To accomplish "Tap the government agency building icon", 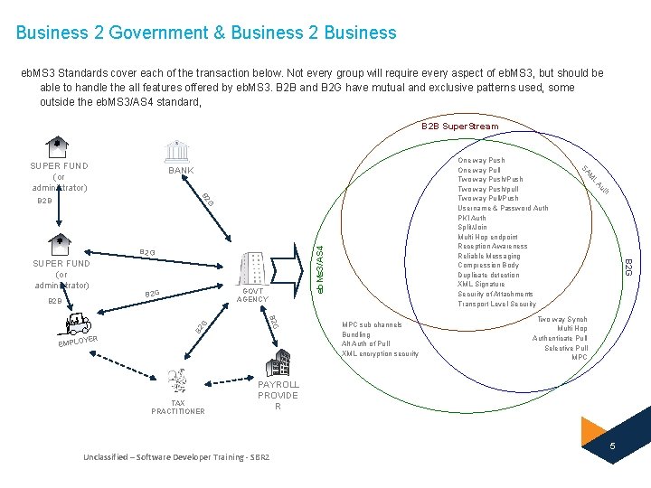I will tap(254, 269).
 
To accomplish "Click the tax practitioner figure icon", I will tap(179, 383).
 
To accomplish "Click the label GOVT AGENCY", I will tap(253, 296).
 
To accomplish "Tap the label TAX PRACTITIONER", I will tap(178, 408).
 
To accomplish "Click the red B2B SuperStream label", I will tap(459, 127).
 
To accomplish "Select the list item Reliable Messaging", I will tap(489, 256).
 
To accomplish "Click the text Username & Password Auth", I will tap(503, 208).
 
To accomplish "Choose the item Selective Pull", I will tap(566, 348).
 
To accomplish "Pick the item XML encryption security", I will tap(380, 353).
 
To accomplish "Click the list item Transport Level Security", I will tap(497, 304).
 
